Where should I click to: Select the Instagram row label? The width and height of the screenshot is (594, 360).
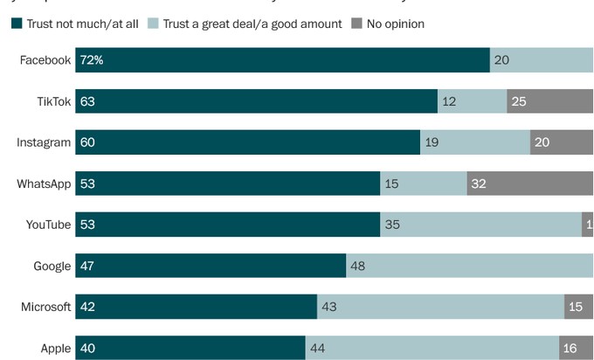coord(44,142)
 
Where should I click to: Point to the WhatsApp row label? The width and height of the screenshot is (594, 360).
coord(44,183)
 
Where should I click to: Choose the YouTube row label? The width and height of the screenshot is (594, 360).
coord(47,225)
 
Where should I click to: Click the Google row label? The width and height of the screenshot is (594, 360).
coord(52,266)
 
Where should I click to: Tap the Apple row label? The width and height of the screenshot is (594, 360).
coord(55,348)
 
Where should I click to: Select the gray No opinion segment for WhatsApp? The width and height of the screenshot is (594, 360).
coord(529,183)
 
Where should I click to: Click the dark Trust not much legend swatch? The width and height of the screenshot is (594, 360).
coord(17,24)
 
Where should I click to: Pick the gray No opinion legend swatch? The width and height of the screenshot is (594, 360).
coord(356,24)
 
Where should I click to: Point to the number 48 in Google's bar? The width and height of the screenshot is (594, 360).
coord(358,266)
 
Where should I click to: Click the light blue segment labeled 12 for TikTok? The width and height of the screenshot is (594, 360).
coord(472,101)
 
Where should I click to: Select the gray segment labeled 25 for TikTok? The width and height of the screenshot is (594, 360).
coord(549,101)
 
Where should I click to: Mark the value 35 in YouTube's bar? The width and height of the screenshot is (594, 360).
coord(394,225)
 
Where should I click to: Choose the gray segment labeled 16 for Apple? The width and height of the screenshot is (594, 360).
coord(576,348)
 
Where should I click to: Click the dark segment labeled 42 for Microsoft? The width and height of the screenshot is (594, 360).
coord(196,307)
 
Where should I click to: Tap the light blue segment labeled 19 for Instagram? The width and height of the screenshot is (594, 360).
coord(474,142)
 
